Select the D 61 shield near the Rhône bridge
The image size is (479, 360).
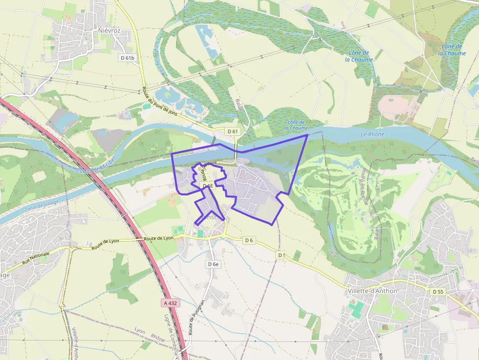(x=233, y=131)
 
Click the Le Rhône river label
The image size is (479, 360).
(x=372, y=134)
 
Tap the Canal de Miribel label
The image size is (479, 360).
(x=96, y=165)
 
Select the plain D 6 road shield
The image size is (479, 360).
(x=249, y=240)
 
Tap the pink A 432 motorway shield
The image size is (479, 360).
(x=171, y=303)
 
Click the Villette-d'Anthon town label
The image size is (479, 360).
(x=373, y=291)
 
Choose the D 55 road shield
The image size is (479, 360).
(x=438, y=292)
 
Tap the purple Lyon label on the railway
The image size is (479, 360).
(x=140, y=331)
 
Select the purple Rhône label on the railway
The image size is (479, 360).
(x=158, y=337)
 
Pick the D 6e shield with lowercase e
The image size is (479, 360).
(x=213, y=264)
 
